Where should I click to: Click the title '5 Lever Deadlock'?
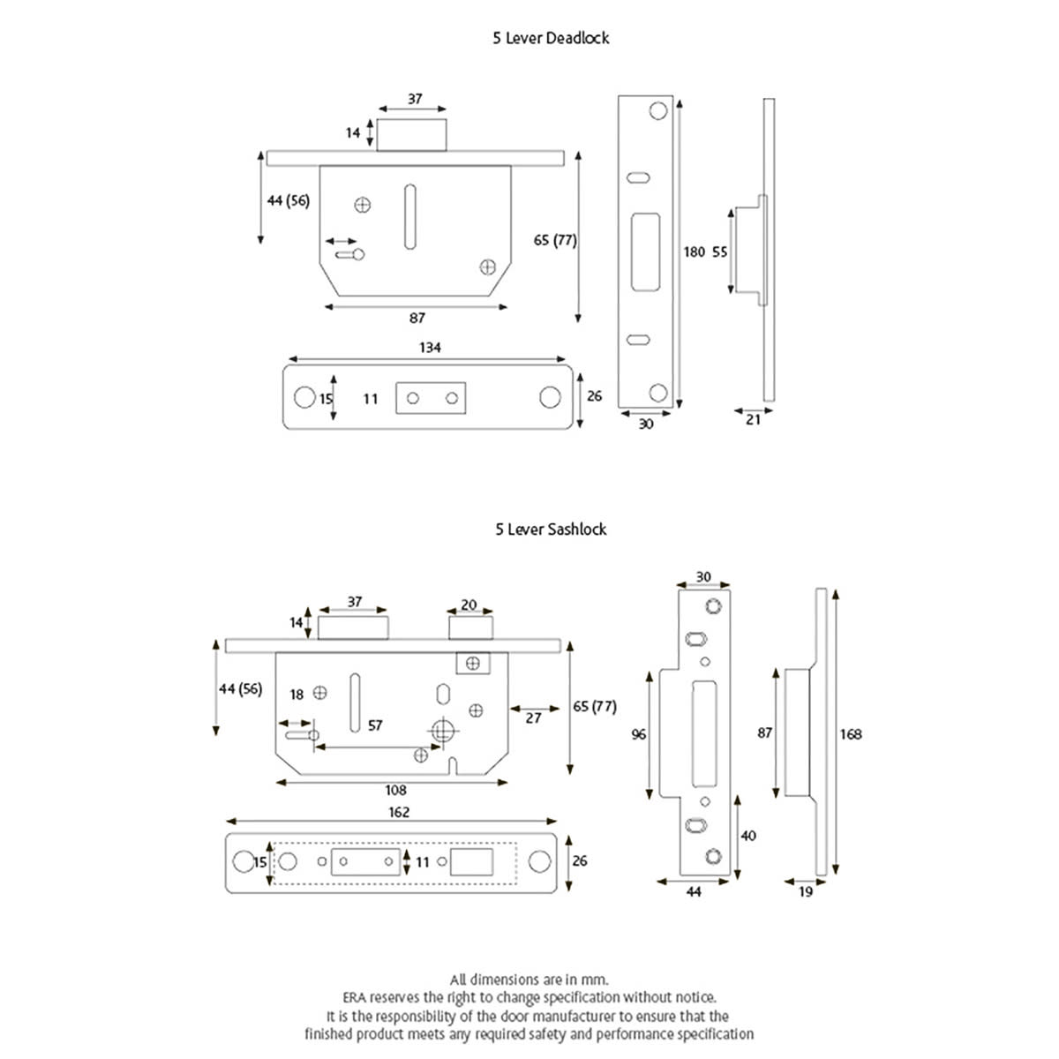[551, 38]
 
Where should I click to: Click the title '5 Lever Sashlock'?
[551, 529]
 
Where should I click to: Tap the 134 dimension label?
[429, 348]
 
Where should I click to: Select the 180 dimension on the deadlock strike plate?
[695, 252]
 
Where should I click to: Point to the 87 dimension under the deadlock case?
[417, 319]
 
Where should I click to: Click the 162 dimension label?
[399, 812]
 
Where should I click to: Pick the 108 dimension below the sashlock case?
[395, 791]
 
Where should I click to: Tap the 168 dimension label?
[851, 734]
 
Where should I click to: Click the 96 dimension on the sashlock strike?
[639, 734]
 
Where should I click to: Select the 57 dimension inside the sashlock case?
[375, 725]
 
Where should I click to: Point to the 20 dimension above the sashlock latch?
[469, 605]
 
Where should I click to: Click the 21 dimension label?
[753, 420]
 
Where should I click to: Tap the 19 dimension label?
[805, 892]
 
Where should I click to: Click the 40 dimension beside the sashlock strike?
[748, 835]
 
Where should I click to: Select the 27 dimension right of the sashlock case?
[533, 718]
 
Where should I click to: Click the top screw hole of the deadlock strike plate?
[658, 111]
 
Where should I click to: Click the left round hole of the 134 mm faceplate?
[304, 397]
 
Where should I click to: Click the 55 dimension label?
[720, 252]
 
